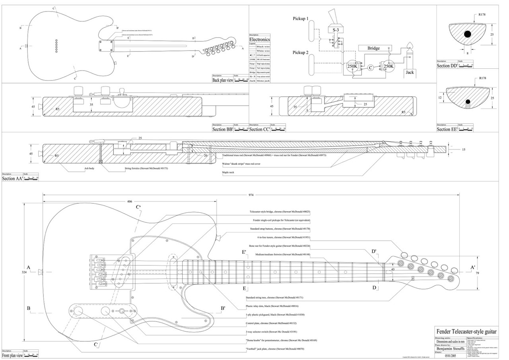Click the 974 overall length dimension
(251, 195)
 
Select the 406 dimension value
(130, 201)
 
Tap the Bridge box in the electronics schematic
(373, 48)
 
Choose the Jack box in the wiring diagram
(410, 72)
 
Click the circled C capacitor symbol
(370, 68)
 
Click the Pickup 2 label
(301, 53)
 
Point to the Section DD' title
(447, 66)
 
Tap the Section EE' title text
(447, 129)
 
